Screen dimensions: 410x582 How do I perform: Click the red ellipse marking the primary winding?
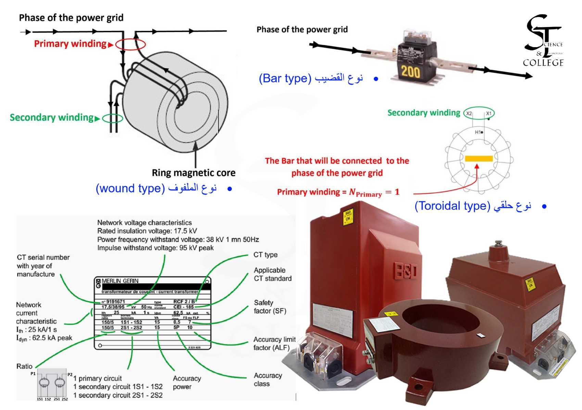tap(130, 44)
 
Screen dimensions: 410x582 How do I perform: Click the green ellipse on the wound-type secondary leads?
tap(113, 118)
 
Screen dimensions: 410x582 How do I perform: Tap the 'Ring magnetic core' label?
tap(193, 173)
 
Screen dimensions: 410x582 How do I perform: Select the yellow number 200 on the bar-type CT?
tap(410, 72)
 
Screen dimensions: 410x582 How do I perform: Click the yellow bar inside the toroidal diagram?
tap(479, 159)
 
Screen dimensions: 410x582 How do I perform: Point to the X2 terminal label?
tap(469, 113)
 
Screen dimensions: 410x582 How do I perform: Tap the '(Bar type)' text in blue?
tap(285, 79)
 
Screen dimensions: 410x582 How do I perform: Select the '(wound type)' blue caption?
tap(130, 188)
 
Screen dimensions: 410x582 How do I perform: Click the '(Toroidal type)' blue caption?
tap(452, 206)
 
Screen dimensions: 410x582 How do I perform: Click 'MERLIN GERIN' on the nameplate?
tap(120, 281)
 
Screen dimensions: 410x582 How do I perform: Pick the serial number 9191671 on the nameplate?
tap(115, 302)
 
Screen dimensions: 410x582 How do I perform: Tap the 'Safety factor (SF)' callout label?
tap(270, 307)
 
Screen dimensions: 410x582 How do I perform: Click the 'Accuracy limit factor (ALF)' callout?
tap(274, 343)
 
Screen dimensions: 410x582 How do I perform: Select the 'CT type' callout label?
tap(265, 255)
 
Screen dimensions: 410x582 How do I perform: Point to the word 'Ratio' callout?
tap(25, 366)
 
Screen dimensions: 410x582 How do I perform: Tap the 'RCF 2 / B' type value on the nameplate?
tap(184, 302)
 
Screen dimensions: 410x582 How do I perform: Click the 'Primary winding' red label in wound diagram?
tap(70, 44)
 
